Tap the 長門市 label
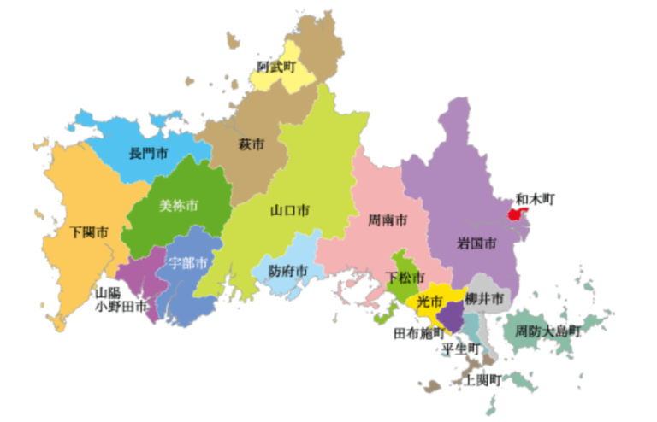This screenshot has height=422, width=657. click(148, 155)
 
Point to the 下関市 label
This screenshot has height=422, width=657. click(90, 232)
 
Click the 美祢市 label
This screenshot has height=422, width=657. click(179, 206)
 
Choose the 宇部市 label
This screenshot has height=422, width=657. click(188, 262)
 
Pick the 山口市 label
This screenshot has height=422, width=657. click(290, 210)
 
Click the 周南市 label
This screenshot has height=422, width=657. click(388, 220)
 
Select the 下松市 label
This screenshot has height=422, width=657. click(404, 278)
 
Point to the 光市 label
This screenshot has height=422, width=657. click(429, 302)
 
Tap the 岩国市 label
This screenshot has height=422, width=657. click(476, 243)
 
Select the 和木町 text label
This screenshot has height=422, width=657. click(536, 198)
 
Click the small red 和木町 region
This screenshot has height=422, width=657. click(515, 214)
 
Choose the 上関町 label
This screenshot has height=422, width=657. click(482, 378)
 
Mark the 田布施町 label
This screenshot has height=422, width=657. click(418, 333)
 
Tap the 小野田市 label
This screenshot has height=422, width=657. click(121, 305)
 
